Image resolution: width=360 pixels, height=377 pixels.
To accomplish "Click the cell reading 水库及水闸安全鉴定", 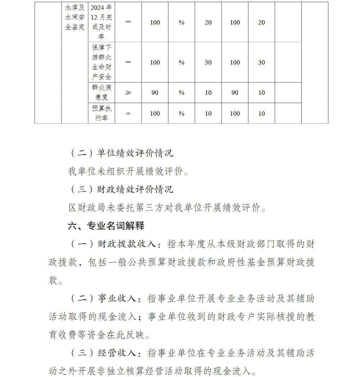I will [75, 17].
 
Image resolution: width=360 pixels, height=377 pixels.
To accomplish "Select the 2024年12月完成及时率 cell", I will [102, 22].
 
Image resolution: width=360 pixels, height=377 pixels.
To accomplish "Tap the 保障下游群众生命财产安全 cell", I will [102, 62].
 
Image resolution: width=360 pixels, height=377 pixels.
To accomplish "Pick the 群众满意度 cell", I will [102, 93].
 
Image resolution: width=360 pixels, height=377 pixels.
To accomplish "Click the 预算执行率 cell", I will [102, 114].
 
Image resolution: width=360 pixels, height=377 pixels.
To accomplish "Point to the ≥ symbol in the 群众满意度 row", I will [128, 93].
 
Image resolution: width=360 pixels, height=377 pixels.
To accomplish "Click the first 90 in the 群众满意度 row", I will [155, 93].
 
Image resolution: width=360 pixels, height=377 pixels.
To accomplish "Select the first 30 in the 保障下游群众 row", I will [208, 62].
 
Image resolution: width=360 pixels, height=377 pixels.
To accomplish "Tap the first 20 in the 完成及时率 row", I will [208, 22].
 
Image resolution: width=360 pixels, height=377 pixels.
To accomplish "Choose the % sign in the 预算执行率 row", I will [181, 114].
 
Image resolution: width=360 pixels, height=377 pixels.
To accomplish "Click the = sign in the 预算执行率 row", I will [128, 114].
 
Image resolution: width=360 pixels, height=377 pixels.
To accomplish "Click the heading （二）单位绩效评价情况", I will [121, 153].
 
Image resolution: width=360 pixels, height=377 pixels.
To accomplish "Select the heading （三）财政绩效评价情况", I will [121, 189].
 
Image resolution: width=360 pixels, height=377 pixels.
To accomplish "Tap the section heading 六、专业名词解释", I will [106, 226].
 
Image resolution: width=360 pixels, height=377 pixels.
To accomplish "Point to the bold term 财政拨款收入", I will [126, 244].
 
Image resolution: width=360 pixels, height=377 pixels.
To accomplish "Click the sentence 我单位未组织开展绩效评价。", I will [129, 172].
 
